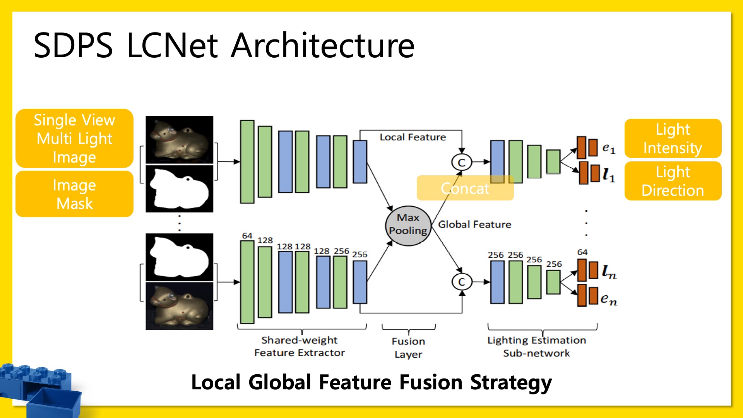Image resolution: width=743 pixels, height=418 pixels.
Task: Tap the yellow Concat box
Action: tap(465, 188)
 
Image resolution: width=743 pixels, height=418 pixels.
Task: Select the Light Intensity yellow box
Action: tap(673, 139)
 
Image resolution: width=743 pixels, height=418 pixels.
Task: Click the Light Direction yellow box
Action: tap(673, 181)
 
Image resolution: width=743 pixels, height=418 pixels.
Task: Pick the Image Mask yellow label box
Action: tap(74, 194)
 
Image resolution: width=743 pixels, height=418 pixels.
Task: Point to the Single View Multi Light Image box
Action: tap(74, 139)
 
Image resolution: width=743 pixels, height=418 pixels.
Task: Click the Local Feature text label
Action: tap(413, 137)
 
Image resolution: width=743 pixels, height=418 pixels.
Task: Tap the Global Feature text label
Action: tap(474, 224)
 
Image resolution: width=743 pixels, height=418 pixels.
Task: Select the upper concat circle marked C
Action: tap(461, 162)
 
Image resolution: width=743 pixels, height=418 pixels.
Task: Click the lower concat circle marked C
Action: tap(461, 282)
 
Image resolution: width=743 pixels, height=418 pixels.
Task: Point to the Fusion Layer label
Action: tap(408, 348)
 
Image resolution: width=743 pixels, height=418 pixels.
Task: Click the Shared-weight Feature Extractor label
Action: tap(299, 346)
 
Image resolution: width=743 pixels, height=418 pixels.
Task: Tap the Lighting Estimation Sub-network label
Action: tap(536, 346)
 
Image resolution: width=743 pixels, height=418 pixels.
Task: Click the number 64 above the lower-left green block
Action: tap(247, 236)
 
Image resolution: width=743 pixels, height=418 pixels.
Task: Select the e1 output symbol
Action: tap(608, 148)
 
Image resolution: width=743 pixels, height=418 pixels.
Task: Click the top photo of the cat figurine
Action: tap(179, 140)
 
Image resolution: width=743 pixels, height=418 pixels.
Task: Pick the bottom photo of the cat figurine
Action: tap(179, 306)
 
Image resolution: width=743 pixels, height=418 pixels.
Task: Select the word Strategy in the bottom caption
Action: tap(511, 382)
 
